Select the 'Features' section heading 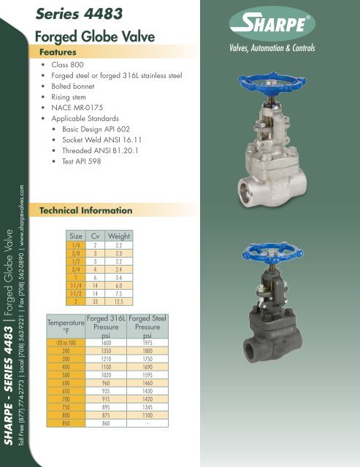coord(66,53)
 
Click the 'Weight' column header coord(118,236)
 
